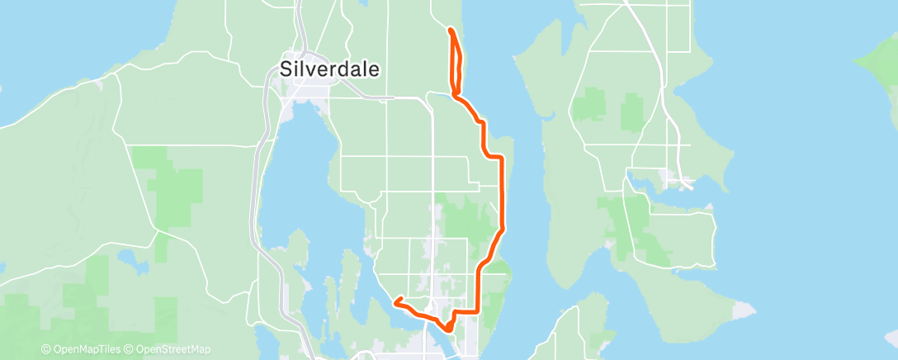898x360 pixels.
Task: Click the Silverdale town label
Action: point(330,69)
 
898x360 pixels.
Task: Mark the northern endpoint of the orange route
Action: point(450,30)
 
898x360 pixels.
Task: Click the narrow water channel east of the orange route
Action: point(528,206)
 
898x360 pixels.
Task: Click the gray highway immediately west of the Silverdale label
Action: point(268,83)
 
